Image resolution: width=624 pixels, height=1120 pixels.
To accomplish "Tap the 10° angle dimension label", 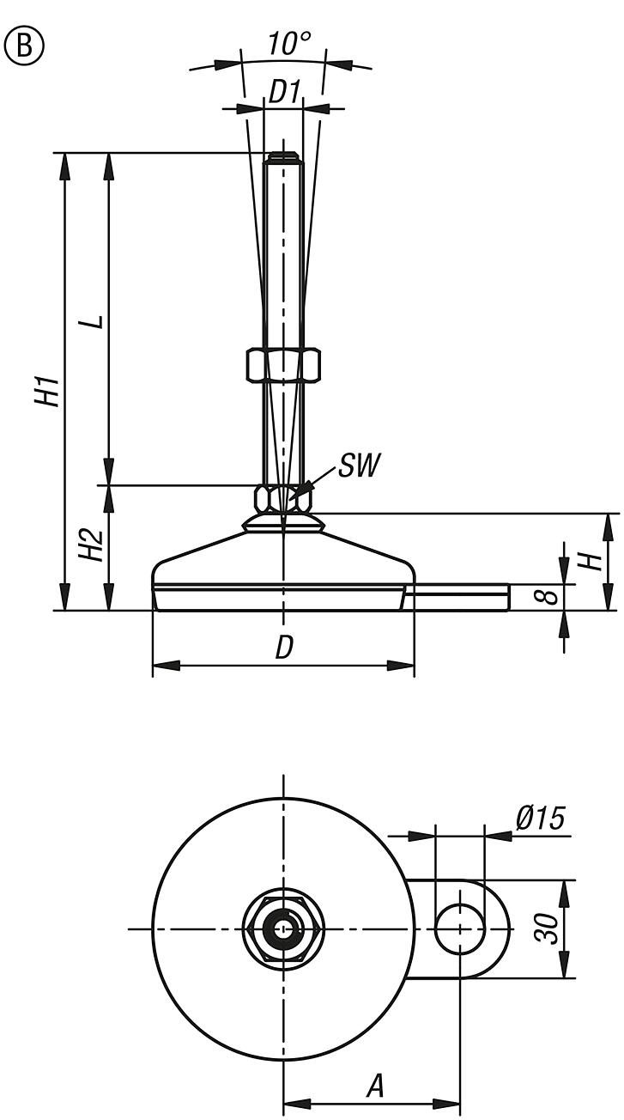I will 288,44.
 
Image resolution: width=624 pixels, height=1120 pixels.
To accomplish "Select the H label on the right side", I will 589,562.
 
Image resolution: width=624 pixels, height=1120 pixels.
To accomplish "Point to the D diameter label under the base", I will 284,649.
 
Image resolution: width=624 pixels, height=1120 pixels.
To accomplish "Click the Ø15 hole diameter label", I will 540,819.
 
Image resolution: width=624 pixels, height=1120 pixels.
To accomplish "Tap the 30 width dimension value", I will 547,928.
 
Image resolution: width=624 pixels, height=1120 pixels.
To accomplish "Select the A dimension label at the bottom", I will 375,1087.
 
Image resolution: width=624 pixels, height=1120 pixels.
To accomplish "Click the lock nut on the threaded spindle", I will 283,364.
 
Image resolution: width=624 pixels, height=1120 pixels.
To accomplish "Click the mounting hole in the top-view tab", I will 460,929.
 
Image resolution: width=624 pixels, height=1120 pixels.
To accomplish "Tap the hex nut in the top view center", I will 283,929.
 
